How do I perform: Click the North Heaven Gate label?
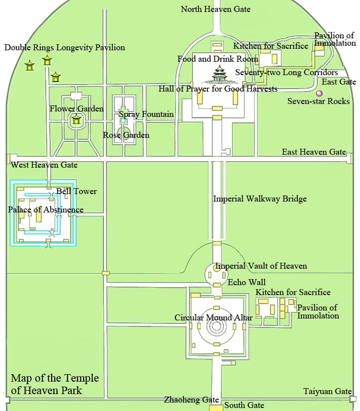215,9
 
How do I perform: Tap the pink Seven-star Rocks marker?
319,93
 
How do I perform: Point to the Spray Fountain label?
146,114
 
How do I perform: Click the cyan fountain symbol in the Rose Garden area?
123,121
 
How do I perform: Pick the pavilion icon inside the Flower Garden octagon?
76,119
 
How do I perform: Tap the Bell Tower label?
77,191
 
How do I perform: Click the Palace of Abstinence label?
46,209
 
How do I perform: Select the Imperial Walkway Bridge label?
260,199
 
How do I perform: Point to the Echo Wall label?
247,282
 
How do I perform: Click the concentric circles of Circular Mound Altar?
216,326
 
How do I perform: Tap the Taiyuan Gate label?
328,391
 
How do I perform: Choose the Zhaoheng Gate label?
191,400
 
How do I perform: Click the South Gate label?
244,405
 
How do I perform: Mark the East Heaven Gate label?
314,152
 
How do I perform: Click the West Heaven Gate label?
44,165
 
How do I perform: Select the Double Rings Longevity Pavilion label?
65,47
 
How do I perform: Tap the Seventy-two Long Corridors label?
286,72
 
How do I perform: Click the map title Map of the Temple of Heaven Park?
55,384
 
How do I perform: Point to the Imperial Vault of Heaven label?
261,266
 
